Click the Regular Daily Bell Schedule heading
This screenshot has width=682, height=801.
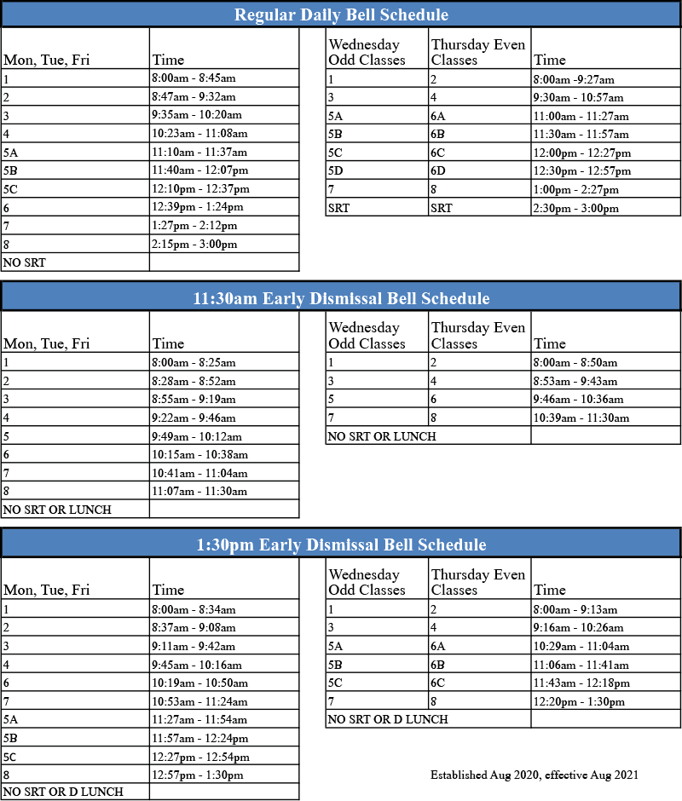341,14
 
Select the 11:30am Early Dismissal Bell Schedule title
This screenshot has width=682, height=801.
341,298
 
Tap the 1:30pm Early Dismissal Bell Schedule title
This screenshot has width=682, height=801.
341,545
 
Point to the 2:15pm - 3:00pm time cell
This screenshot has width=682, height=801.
194,245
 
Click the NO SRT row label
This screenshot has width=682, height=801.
26,263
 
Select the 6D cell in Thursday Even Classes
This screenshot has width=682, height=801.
439,170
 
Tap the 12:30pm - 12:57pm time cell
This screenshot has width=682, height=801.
582,170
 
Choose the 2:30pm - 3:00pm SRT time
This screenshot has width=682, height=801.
576,208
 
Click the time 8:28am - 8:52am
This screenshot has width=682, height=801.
194,380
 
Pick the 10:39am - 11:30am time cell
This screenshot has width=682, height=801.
581,418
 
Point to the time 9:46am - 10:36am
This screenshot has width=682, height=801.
579,399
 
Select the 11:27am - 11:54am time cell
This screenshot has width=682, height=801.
199,720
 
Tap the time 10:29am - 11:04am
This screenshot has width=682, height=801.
581,646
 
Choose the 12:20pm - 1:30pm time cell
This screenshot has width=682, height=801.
579,702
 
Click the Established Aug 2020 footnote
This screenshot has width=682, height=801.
535,775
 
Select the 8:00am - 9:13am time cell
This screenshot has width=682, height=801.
575,609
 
